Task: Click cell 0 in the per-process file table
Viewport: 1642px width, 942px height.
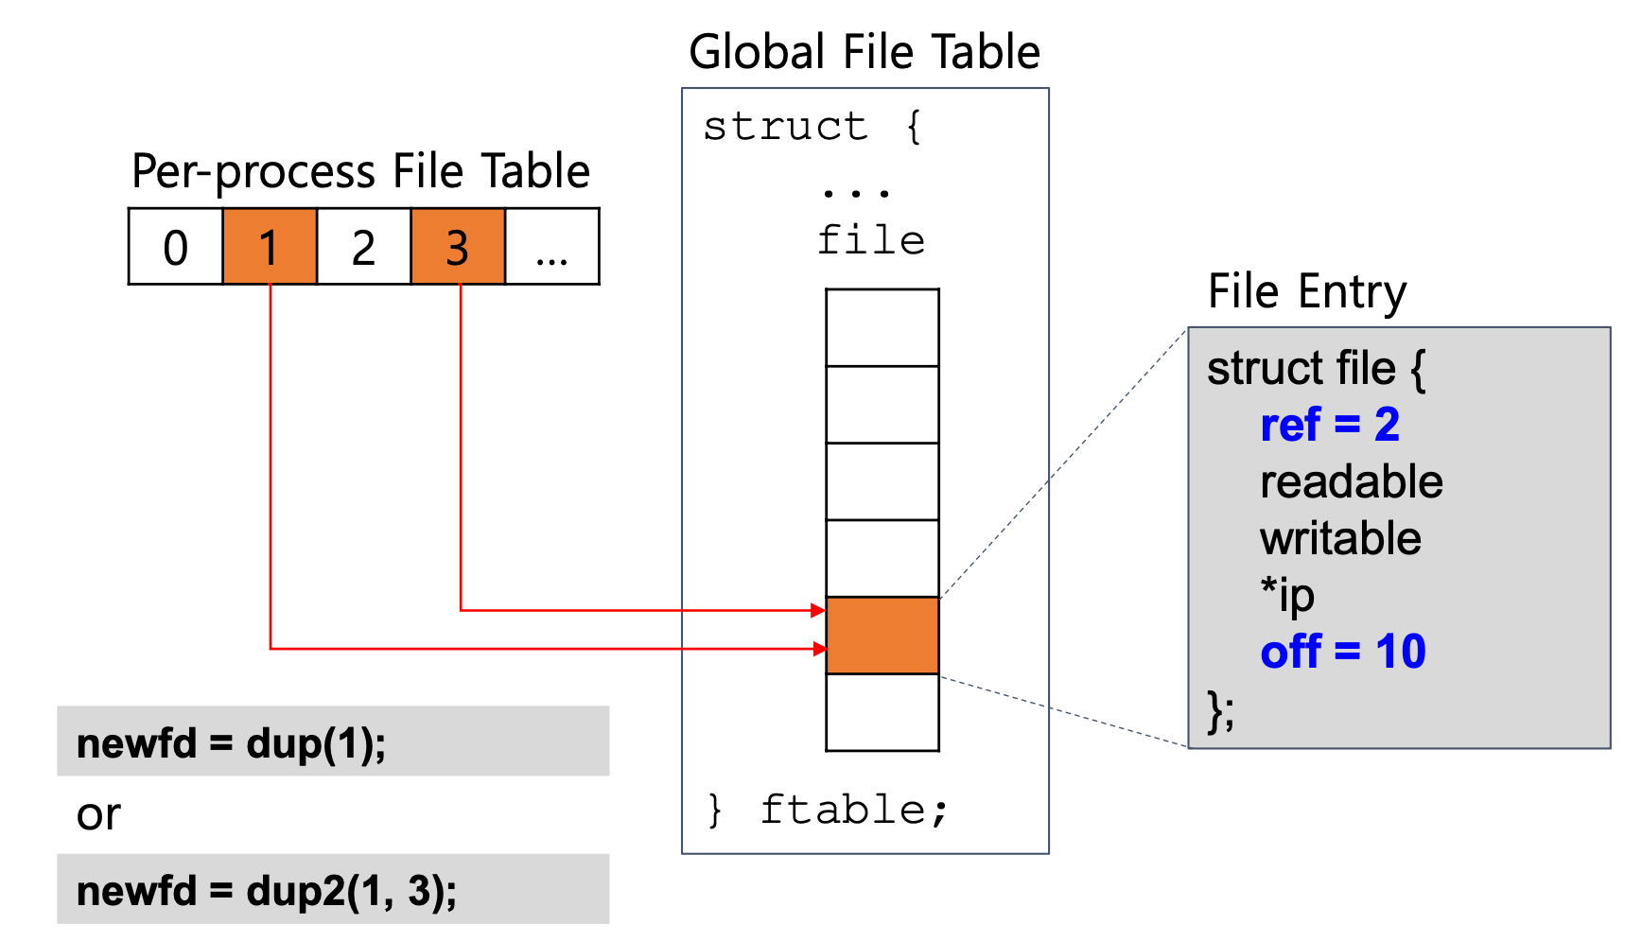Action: click(176, 247)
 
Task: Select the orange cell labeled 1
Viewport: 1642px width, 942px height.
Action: click(270, 247)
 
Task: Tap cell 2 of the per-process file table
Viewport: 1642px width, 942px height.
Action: click(364, 247)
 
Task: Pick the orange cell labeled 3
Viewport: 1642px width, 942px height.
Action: click(458, 247)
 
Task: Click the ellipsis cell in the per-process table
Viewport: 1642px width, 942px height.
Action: click(551, 247)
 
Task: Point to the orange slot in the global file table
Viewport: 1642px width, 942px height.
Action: click(882, 635)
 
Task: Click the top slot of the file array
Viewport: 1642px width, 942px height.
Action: click(882, 327)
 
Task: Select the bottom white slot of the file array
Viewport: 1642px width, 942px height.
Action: click(882, 712)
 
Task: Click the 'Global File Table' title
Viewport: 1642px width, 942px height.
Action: click(865, 52)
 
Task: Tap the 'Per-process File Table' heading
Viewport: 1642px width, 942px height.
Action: click(360, 171)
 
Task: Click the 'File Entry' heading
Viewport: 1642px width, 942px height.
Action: click(1307, 291)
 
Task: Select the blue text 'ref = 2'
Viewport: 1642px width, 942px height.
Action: click(1330, 425)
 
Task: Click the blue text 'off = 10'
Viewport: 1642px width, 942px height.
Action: click(1343, 652)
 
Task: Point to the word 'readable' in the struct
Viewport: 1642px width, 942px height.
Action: click(1352, 481)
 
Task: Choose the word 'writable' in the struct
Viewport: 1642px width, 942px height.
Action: click(1340, 538)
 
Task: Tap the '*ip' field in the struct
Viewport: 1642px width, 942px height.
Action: click(1287, 595)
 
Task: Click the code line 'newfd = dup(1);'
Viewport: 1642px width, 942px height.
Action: click(232, 743)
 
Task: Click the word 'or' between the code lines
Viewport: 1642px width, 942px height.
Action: click(98, 814)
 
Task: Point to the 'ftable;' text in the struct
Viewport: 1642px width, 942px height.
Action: click(854, 810)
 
